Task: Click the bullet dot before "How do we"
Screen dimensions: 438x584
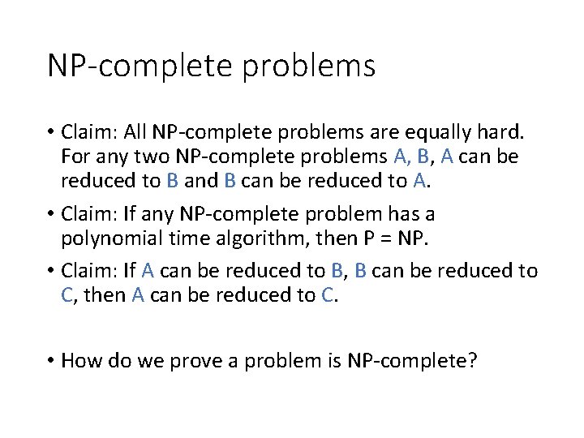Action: pos(51,359)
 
